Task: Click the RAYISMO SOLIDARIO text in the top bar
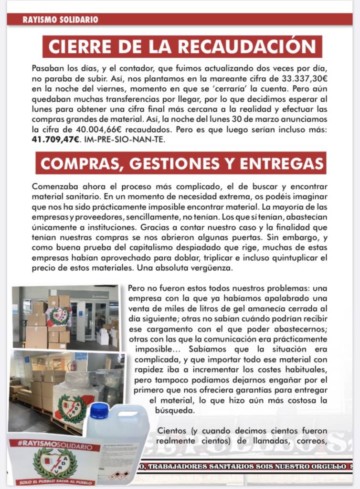coord(60,20)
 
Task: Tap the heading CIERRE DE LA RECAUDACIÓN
coord(182,46)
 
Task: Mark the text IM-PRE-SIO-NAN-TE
coord(127,139)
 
